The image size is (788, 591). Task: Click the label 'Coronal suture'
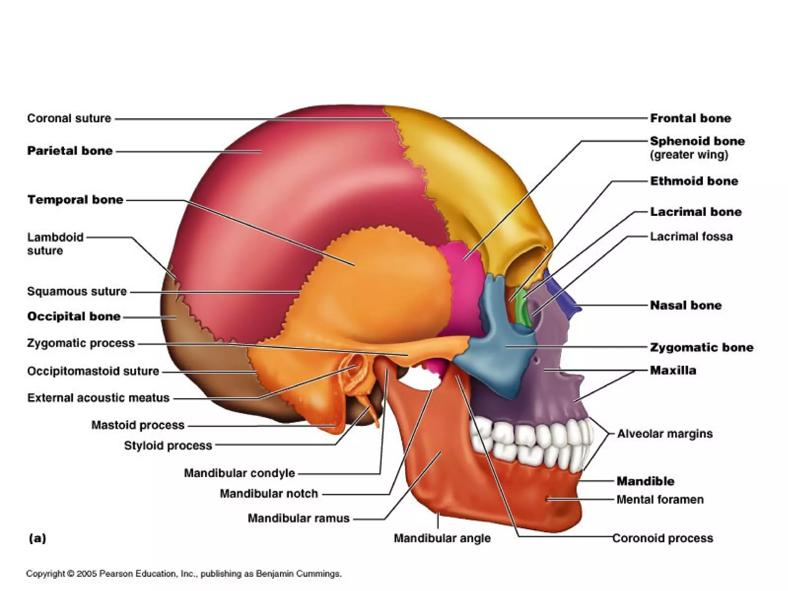click(x=69, y=118)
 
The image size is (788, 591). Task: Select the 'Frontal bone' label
click(x=690, y=118)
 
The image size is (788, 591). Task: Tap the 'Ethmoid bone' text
click(x=694, y=181)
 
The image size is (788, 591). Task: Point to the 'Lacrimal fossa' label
click(x=691, y=236)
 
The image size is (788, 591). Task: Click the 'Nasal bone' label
click(x=686, y=305)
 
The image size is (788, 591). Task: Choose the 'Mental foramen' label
click(x=660, y=499)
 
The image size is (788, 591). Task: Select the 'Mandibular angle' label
click(x=442, y=538)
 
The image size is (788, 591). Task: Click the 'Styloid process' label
click(x=168, y=446)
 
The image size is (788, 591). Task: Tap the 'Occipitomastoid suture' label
click(x=93, y=371)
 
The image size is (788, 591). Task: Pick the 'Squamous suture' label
click(x=77, y=291)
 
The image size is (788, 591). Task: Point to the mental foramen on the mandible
click(x=548, y=499)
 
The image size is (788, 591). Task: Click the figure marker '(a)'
click(x=37, y=538)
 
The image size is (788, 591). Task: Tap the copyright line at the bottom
click(x=184, y=574)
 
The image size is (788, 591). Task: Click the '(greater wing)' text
click(x=689, y=155)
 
